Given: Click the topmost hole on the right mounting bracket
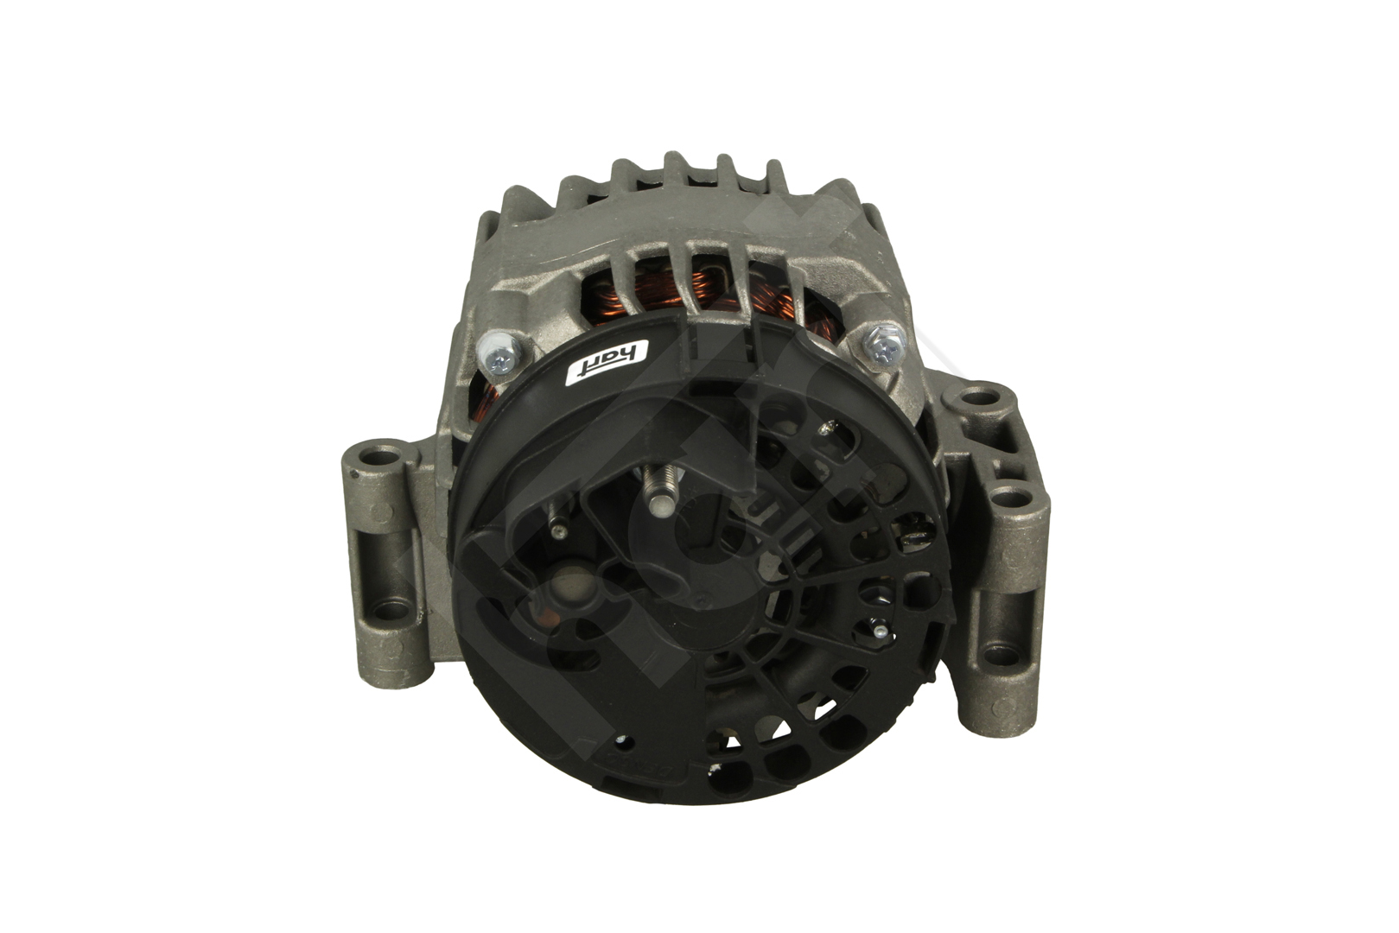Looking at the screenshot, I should pyautogui.click(x=980, y=397).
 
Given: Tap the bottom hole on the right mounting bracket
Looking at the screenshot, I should pyautogui.click(x=1002, y=653).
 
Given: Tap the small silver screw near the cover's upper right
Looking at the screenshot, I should pyautogui.click(x=831, y=426).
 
